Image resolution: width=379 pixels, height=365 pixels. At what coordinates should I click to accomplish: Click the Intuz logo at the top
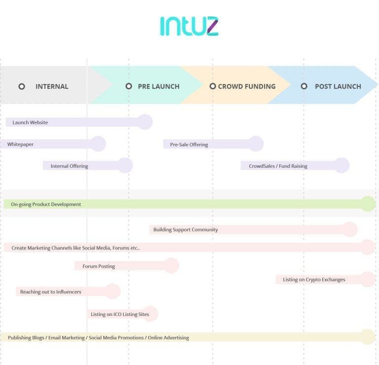[x=189, y=26]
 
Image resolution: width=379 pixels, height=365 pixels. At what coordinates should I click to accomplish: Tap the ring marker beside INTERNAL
[x=22, y=86]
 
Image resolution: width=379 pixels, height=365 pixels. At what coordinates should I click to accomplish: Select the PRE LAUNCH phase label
[x=158, y=86]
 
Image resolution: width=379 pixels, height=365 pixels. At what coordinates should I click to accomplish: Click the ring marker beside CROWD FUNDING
[x=213, y=86]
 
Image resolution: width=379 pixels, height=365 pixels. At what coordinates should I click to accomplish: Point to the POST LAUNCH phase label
[x=338, y=86]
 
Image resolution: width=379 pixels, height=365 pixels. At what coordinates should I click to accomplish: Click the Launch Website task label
[x=30, y=122]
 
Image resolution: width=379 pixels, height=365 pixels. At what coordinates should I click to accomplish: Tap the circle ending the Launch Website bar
[x=145, y=122]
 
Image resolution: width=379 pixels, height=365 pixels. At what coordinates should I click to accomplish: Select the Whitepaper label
[x=20, y=144]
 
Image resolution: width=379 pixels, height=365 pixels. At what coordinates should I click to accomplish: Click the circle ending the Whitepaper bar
[x=99, y=144]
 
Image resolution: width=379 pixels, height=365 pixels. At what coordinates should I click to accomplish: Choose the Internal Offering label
[x=69, y=166]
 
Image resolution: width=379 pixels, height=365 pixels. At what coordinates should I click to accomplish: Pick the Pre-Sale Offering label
[x=189, y=145]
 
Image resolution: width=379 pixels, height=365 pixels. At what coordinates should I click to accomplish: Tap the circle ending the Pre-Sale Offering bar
[x=256, y=144]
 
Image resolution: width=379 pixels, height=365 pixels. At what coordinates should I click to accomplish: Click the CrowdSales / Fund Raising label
[x=278, y=166]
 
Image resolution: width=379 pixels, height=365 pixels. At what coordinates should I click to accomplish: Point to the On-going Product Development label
[x=46, y=204]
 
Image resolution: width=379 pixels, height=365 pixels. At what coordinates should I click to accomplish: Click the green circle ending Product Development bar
[x=368, y=203]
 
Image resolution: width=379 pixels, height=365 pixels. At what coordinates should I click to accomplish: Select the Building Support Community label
[x=186, y=230]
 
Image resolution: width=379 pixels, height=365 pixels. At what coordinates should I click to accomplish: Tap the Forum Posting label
[x=99, y=266]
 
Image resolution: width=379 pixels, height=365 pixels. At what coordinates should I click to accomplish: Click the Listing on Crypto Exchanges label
[x=314, y=280]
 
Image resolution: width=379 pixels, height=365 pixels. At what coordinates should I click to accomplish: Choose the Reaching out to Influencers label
[x=51, y=292]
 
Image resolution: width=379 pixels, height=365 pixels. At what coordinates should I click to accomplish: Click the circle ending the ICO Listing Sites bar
[x=150, y=314]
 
